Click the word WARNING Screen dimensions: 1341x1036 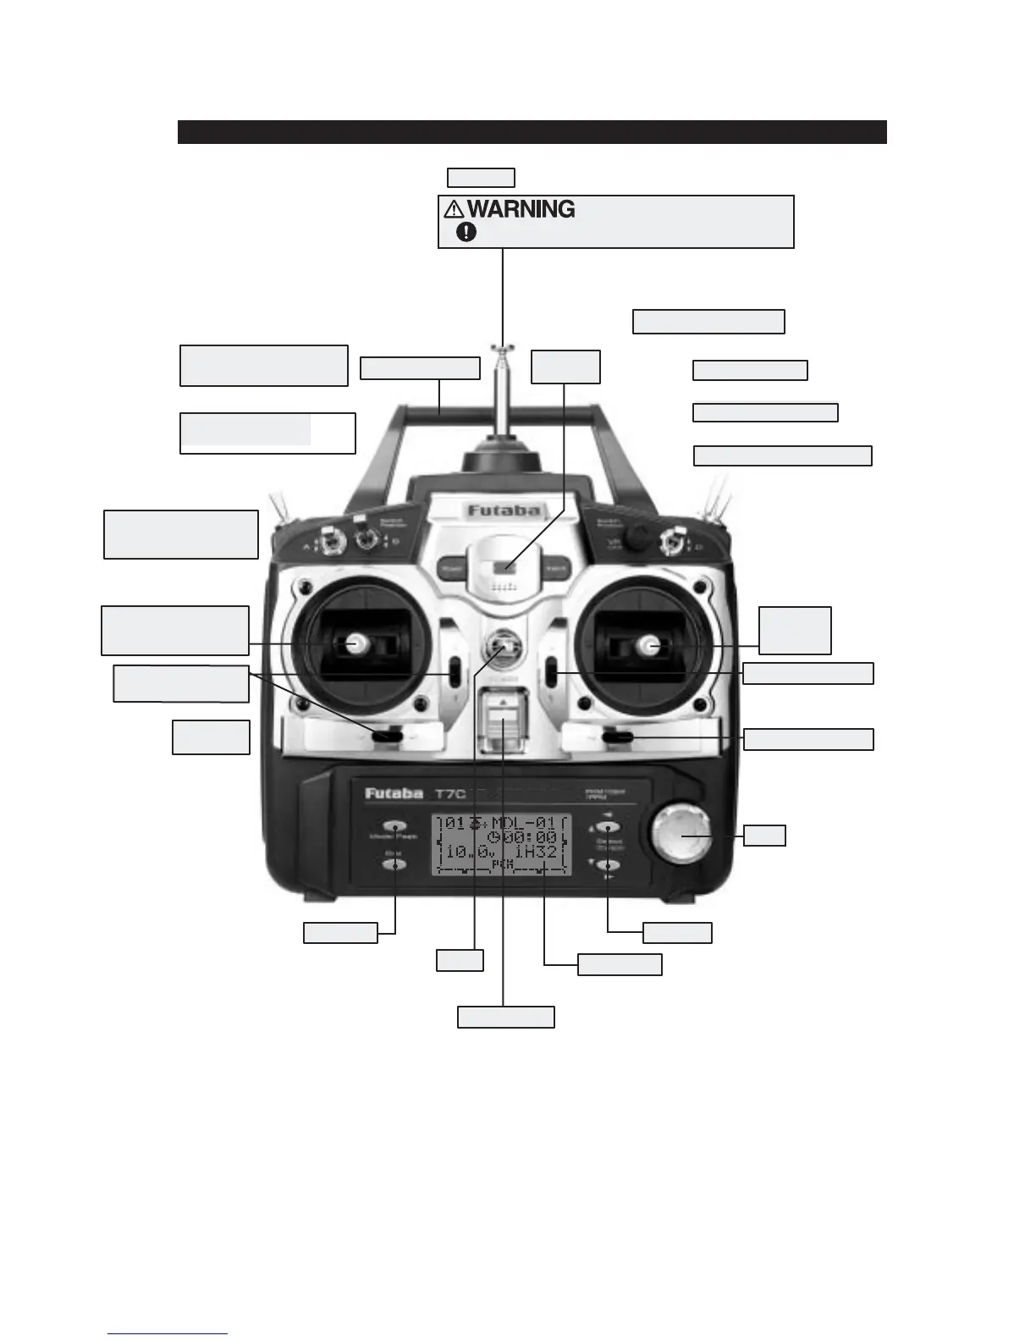pos(521,209)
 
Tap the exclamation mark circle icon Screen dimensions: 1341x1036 pos(466,232)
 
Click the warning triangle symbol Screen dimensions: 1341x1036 pos(454,209)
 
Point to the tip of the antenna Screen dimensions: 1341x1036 pos(503,347)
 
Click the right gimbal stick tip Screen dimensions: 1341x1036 pos(653,647)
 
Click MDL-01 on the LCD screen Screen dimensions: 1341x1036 pos(522,823)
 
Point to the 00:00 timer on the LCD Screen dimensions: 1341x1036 pos(532,837)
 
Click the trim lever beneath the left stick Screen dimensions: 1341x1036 pos(388,737)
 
